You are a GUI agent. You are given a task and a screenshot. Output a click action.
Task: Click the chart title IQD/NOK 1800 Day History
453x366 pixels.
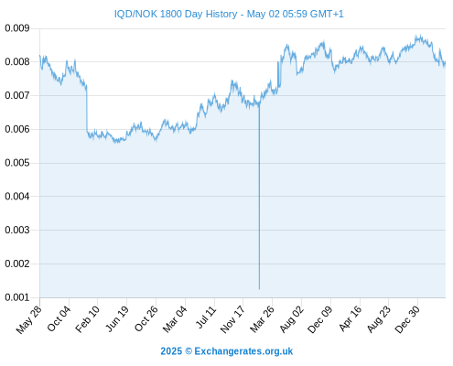click(176, 14)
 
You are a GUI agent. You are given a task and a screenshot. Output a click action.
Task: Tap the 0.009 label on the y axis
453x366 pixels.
click(17, 28)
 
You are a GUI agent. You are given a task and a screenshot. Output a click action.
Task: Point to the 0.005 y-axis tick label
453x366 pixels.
click(17, 163)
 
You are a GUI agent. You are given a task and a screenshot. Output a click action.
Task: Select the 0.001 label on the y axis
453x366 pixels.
click(17, 297)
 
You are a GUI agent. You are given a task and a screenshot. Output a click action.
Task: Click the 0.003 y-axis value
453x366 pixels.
click(17, 230)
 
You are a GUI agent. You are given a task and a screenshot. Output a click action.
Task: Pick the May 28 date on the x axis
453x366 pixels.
click(28, 319)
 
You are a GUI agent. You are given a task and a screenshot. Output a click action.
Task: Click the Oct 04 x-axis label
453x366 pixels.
click(59, 318)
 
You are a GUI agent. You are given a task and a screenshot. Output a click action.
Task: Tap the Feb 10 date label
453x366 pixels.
click(87, 319)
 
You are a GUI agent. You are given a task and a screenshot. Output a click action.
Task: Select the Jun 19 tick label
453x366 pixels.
click(117, 318)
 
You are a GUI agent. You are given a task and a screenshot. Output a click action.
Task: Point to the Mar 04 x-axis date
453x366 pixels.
click(175, 319)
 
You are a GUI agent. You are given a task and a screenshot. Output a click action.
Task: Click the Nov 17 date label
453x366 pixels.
click(232, 319)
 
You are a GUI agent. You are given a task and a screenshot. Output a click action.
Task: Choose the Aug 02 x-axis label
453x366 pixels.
click(292, 319)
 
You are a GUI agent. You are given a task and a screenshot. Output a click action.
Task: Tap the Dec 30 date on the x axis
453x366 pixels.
click(407, 319)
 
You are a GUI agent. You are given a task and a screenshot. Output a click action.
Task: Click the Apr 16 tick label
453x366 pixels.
click(350, 318)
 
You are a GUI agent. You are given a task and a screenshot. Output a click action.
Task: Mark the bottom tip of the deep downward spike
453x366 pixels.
click(259, 289)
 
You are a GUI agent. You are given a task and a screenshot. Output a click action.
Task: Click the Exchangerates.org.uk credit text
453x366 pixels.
click(243, 351)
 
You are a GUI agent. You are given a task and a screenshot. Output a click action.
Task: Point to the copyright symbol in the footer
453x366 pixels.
click(189, 351)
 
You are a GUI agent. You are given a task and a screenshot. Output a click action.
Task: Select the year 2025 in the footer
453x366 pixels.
click(171, 351)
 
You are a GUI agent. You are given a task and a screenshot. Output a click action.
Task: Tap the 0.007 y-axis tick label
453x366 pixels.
click(17, 95)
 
